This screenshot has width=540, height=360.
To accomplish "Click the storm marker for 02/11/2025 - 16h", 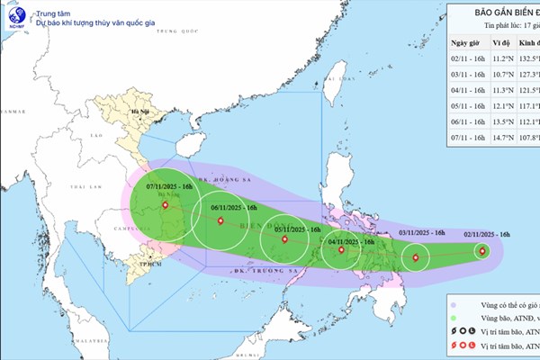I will [482, 251].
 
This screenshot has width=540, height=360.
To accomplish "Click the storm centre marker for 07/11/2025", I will [165, 205].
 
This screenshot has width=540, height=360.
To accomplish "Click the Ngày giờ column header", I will [467, 42].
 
